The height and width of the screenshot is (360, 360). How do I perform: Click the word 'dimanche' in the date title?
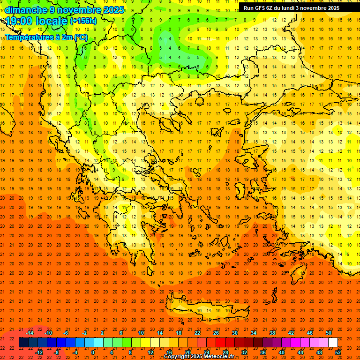coord(23,10)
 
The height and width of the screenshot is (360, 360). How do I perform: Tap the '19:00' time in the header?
coord(18,21)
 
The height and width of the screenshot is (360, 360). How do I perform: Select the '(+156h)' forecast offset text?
coord(83,21)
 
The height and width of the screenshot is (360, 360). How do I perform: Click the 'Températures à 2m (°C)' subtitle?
coord(46,37)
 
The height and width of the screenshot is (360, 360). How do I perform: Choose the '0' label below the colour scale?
coord(92,352)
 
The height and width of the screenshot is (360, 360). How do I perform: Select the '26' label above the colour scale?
coord(216,333)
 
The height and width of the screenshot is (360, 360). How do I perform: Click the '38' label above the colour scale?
coord(272,333)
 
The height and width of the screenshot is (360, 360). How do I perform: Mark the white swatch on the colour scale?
coord(333,343)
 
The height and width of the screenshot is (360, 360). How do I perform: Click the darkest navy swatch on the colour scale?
coord(24,343)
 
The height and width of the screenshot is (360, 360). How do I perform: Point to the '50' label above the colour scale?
coord(329,333)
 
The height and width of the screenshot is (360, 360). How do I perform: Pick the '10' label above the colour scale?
coord(141,333)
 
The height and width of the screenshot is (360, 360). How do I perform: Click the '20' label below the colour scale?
coord(187,352)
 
